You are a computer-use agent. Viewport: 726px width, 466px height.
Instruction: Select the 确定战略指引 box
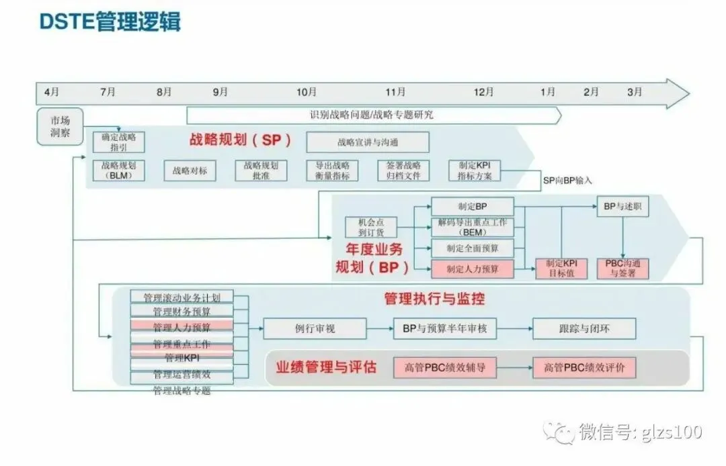coord(119,142)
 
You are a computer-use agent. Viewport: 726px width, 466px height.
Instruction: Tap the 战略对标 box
coord(190,171)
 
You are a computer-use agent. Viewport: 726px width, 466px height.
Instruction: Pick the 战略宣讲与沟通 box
coord(367,142)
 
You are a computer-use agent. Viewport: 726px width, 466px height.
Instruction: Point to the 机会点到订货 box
coord(371,227)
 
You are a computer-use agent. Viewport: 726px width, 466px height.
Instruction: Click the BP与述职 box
coord(622,207)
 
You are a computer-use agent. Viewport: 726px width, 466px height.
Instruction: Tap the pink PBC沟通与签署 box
coord(623,269)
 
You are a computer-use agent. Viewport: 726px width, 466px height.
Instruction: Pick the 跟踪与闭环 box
coord(584,328)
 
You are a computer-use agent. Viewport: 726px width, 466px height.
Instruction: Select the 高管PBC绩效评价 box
coord(584,367)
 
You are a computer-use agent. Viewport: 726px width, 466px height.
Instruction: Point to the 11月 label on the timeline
coord(395,92)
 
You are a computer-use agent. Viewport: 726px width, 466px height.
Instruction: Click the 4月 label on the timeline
coord(50,92)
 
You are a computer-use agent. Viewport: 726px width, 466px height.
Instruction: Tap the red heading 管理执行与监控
coord(434,299)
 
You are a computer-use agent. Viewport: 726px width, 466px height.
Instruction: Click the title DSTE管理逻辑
coord(110,22)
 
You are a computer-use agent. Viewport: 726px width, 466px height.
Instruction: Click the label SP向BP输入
coord(567,181)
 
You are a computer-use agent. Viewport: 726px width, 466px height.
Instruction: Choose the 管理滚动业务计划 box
coord(182,297)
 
